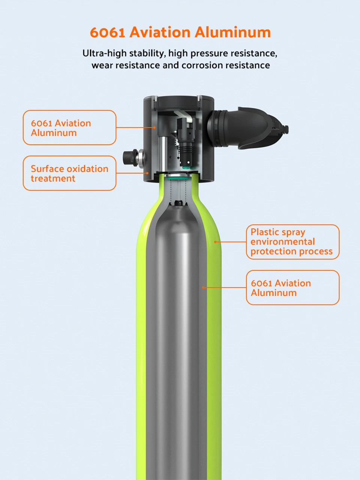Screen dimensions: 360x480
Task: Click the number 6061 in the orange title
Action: pyautogui.click(x=107, y=32)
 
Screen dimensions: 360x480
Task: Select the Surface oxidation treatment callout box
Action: pyautogui.click(x=69, y=173)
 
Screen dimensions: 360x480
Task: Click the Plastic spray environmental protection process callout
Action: pyautogui.click(x=292, y=242)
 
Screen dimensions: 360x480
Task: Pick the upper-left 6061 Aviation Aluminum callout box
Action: pyautogui.click(x=69, y=127)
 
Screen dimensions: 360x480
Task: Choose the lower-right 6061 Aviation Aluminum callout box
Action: pyautogui.click(x=292, y=288)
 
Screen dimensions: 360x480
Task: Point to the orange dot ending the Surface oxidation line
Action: pyautogui.click(x=147, y=173)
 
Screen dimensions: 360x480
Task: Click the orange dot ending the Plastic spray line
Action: pyautogui.click(x=215, y=242)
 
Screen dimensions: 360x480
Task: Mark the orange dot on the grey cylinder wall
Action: pyautogui.click(x=203, y=288)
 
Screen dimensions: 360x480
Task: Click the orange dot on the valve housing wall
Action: pyautogui.click(x=154, y=127)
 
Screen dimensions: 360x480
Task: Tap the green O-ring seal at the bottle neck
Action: pyautogui.click(x=178, y=179)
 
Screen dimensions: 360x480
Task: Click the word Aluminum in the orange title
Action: pyautogui.click(x=232, y=32)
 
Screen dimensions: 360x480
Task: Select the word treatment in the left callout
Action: pyautogui.click(x=53, y=178)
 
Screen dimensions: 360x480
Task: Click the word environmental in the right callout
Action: pyautogui.click(x=283, y=242)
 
